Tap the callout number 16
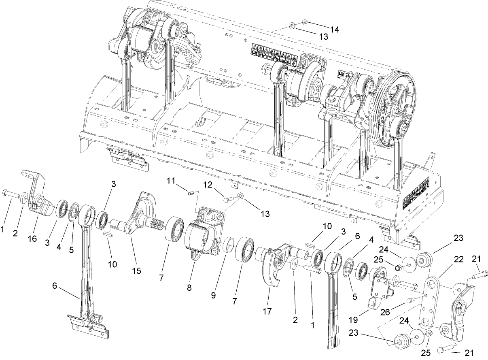(32, 239)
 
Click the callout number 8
(189, 287)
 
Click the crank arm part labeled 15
(138, 215)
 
